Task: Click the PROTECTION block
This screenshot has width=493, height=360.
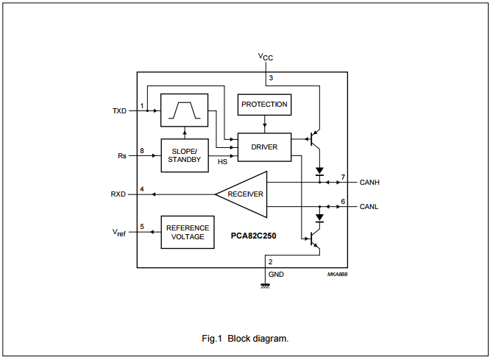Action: tap(264, 105)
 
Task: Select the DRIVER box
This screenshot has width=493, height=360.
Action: tap(264, 147)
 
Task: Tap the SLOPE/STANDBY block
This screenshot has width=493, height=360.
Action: tap(184, 155)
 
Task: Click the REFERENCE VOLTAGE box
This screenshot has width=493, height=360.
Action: tap(188, 232)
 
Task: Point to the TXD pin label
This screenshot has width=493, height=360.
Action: tap(119, 111)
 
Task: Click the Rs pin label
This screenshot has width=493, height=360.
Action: tap(122, 156)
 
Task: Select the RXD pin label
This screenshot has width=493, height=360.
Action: tap(118, 194)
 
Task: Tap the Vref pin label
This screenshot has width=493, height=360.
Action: tap(119, 233)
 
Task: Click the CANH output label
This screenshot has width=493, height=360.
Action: tap(369, 182)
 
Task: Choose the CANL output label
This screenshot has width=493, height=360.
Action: tap(369, 207)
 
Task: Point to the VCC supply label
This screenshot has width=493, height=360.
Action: tap(266, 57)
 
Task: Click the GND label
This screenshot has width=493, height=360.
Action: tap(276, 274)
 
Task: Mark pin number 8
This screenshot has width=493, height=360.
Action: tap(142, 151)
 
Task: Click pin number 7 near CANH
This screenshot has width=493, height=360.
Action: tap(343, 177)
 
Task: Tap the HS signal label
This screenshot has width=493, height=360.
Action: tap(222, 162)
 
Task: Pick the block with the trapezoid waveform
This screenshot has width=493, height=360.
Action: tap(184, 110)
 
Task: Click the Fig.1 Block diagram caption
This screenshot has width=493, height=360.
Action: tap(246, 339)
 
